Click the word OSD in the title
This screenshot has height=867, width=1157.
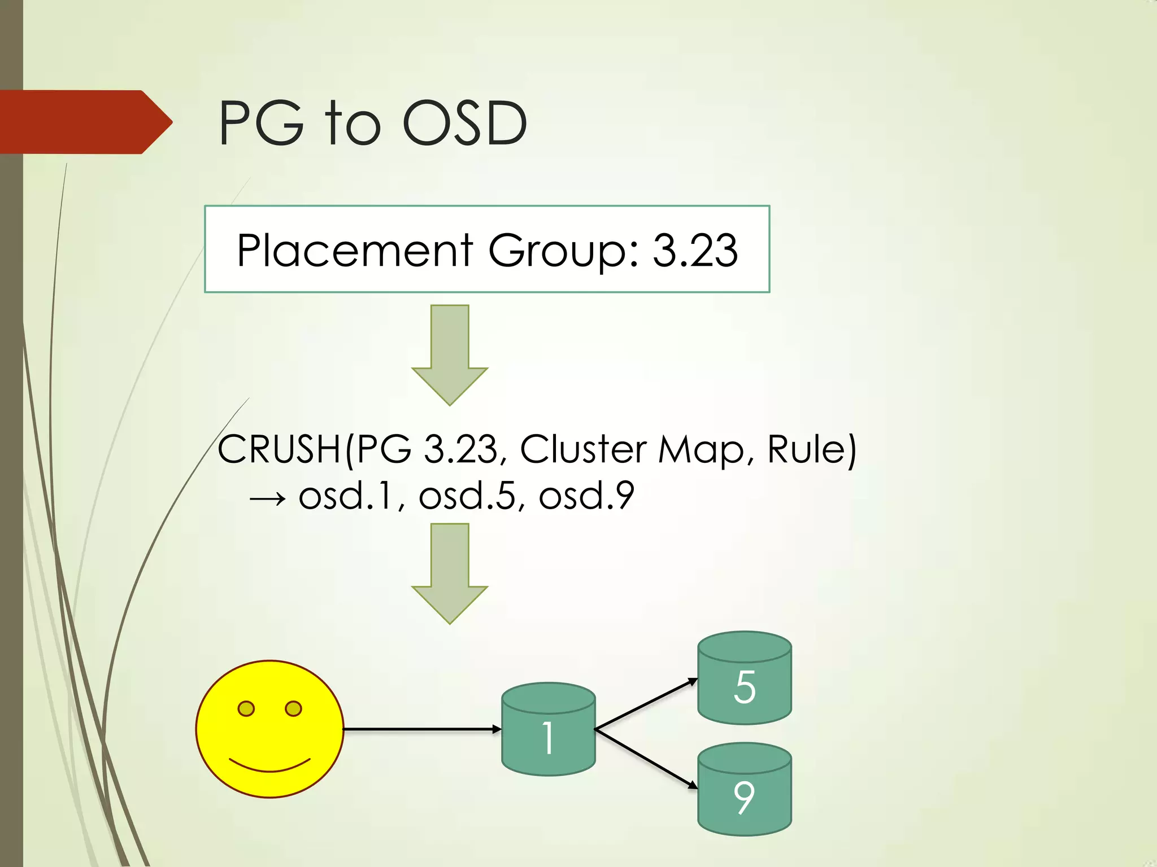pos(464,123)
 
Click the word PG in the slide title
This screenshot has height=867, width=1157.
pos(261,123)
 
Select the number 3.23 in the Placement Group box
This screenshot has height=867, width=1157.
pos(695,250)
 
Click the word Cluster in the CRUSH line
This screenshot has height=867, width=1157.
pos(583,450)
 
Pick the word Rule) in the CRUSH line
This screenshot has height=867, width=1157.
pos(811,450)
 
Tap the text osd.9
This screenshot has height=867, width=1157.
pos(586,496)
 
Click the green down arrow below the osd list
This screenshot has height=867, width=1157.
pos(450,573)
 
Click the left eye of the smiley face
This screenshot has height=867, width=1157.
pos(246,708)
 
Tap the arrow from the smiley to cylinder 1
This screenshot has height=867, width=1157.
pos(421,729)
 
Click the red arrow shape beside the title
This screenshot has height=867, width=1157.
pos(85,122)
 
